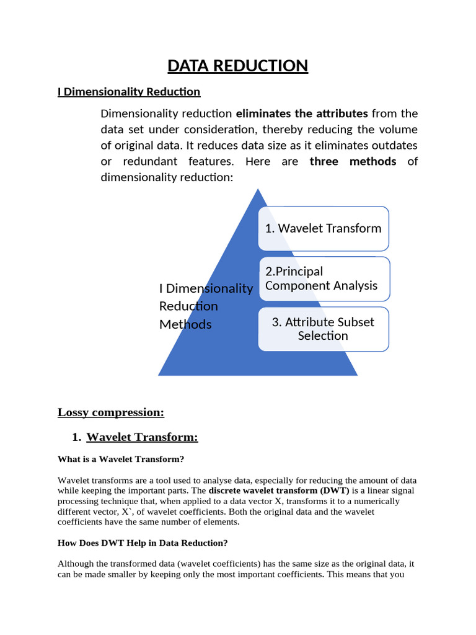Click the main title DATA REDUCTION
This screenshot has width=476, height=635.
[238, 66]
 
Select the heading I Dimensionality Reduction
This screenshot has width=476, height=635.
[129, 92]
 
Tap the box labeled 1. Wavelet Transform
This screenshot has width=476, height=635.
[323, 228]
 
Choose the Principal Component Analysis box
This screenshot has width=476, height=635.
[323, 278]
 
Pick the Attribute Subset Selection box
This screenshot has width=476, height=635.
[323, 329]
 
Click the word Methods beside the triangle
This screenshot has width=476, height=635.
[185, 324]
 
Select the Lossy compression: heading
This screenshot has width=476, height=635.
[111, 412]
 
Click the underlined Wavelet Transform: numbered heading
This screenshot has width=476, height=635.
[142, 437]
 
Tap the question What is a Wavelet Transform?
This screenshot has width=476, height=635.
[121, 460]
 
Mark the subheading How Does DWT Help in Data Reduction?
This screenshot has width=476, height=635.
[143, 543]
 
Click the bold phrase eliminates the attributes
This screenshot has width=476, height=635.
[302, 113]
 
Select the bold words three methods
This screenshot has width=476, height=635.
[353, 162]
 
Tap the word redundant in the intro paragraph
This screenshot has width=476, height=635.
[144, 162]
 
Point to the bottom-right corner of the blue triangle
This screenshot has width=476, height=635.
[356, 375]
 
